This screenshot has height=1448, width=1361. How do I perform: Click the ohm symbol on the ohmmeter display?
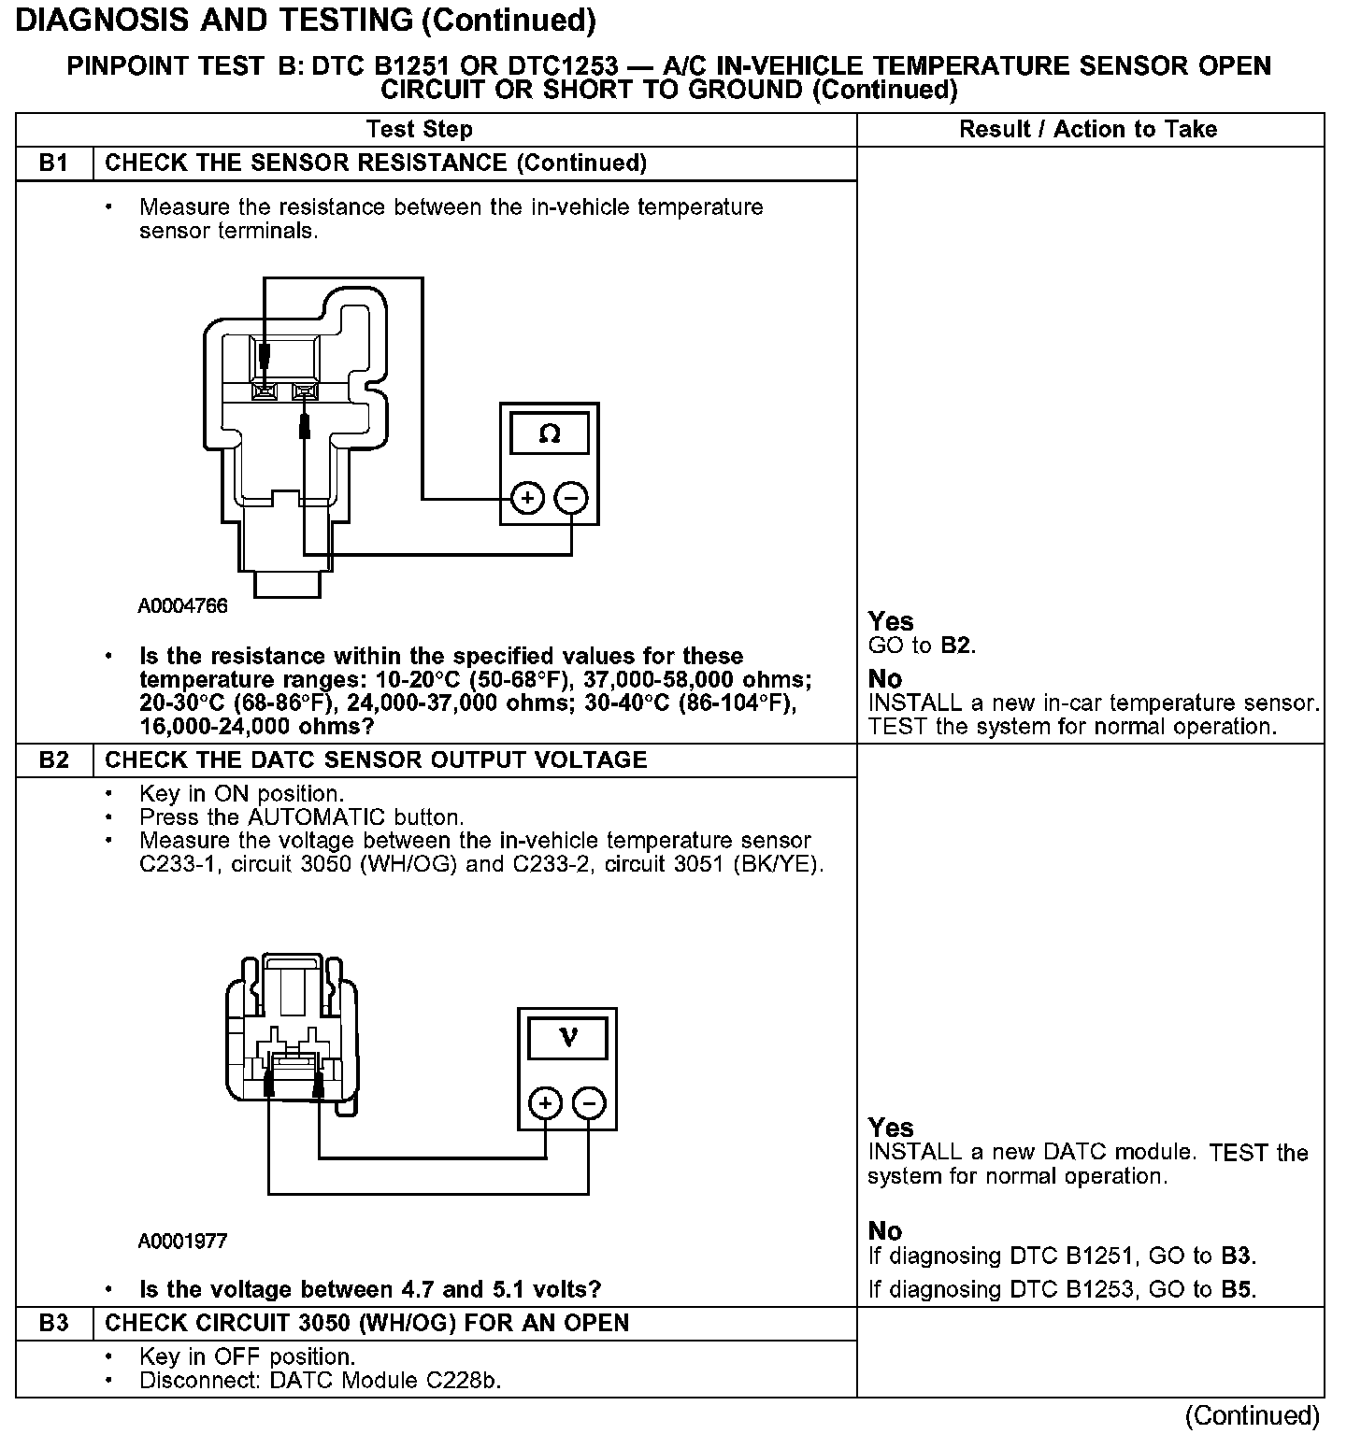pyautogui.click(x=550, y=434)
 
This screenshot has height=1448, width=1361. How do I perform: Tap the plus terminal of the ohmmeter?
pyautogui.click(x=528, y=498)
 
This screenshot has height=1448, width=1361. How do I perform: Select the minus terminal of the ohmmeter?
pyautogui.click(x=571, y=498)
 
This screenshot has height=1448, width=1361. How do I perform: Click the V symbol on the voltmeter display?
pyautogui.click(x=567, y=1038)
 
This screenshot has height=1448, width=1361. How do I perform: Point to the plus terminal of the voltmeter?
pyautogui.click(x=546, y=1103)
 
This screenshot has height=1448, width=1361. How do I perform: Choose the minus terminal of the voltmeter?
pyautogui.click(x=589, y=1103)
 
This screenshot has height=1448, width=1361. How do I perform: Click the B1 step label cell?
pyautogui.click(x=54, y=163)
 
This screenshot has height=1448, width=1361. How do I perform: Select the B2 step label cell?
pyautogui.click(x=54, y=759)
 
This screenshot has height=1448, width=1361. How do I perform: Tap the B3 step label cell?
pyautogui.click(x=54, y=1323)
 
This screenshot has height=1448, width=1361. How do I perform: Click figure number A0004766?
pyautogui.click(x=183, y=606)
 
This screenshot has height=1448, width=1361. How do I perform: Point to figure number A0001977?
pyautogui.click(x=183, y=1242)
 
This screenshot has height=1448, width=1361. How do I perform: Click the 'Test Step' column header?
pyautogui.click(x=420, y=129)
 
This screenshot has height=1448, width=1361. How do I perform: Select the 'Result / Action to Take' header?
pyautogui.click(x=1088, y=129)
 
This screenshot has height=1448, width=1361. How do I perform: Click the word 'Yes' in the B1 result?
pyautogui.click(x=890, y=621)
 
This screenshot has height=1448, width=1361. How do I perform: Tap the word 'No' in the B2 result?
pyautogui.click(x=884, y=1230)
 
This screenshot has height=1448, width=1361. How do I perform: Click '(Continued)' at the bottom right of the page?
pyautogui.click(x=1252, y=1416)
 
